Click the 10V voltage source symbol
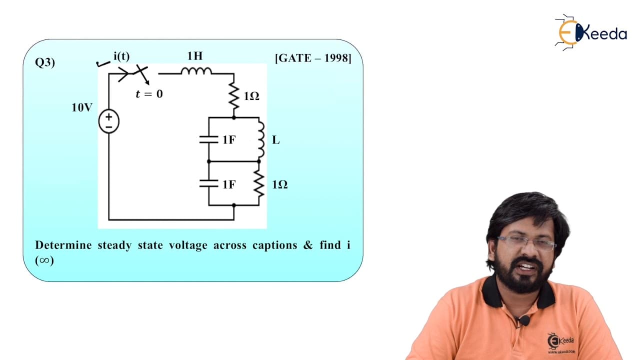[x=109, y=121]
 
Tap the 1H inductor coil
[x=196, y=71]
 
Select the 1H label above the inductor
[x=195, y=56]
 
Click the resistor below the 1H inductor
[x=234, y=95]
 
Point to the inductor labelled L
[x=260, y=140]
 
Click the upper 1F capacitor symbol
[x=209, y=139]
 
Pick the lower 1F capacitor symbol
[x=209, y=183]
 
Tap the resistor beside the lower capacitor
[x=259, y=183]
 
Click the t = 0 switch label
[x=149, y=94]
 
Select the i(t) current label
[x=121, y=56]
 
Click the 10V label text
[x=82, y=107]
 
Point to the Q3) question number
[x=45, y=62]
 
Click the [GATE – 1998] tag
[x=313, y=58]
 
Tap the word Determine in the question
[x=63, y=245]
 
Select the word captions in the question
[x=275, y=245]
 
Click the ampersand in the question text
[x=308, y=245]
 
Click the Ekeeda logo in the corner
[x=590, y=32]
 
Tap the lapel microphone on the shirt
[x=524, y=320]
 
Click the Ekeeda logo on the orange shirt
[x=561, y=343]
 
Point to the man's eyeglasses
[x=527, y=243]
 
